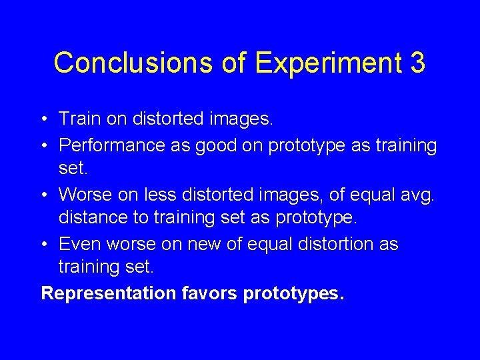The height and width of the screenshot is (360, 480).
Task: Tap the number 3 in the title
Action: pos(417,63)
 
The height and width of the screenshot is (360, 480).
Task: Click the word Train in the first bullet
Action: pos(79,119)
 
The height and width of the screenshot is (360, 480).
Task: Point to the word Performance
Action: pos(112,145)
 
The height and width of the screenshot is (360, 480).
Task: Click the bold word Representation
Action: pos(108,293)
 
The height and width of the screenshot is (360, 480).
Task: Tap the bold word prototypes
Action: pos(294,293)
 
